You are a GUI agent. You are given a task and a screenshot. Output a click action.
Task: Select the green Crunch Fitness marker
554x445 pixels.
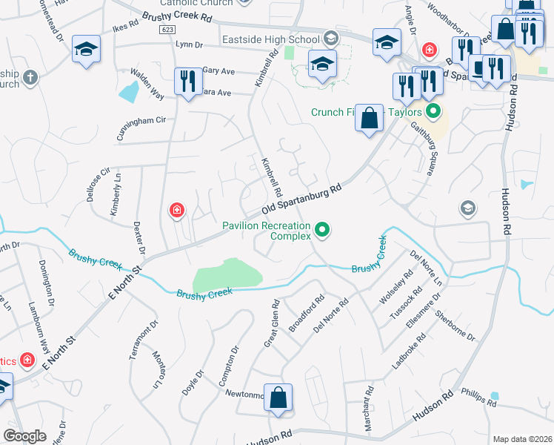pyautogui.click(x=433, y=113)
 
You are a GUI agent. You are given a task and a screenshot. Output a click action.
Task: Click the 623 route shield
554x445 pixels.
pyautogui.click(x=165, y=28)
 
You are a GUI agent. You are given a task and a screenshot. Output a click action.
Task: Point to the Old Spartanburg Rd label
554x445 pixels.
pyautogui.click(x=305, y=198)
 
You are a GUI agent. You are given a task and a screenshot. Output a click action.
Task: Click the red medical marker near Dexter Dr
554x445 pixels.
pyautogui.click(x=177, y=211)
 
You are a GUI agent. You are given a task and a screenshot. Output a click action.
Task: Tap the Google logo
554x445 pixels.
pyautogui.click(x=24, y=435)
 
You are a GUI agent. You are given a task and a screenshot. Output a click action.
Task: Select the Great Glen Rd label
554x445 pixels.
pyautogui.click(x=271, y=323)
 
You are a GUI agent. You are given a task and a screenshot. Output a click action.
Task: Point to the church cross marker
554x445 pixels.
pyautogui.click(x=30, y=76)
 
